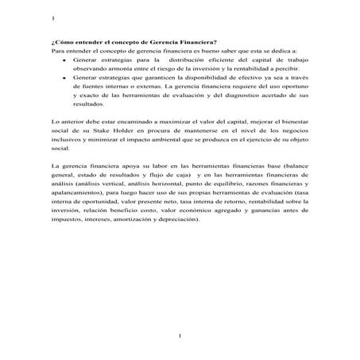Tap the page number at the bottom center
click(x=180, y=338)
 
